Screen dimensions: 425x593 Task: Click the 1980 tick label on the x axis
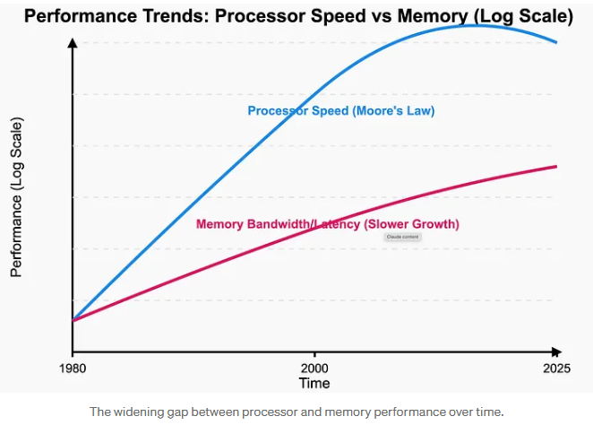pos(72,369)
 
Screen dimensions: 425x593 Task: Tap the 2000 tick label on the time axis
pos(314,369)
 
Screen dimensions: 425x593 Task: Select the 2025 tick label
pos(556,369)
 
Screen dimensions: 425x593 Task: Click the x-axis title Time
pos(314,383)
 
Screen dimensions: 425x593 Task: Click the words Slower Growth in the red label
pos(417,224)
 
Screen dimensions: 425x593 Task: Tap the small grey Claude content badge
pos(402,237)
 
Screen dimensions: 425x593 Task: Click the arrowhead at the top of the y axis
pos(73,41)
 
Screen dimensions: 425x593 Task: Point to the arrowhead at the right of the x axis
pos(557,351)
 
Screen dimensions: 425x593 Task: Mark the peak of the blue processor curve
pos(479,25)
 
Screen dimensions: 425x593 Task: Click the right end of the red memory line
pos(556,166)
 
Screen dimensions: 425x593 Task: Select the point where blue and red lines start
pos(73,319)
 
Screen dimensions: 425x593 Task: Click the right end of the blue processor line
pos(556,42)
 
